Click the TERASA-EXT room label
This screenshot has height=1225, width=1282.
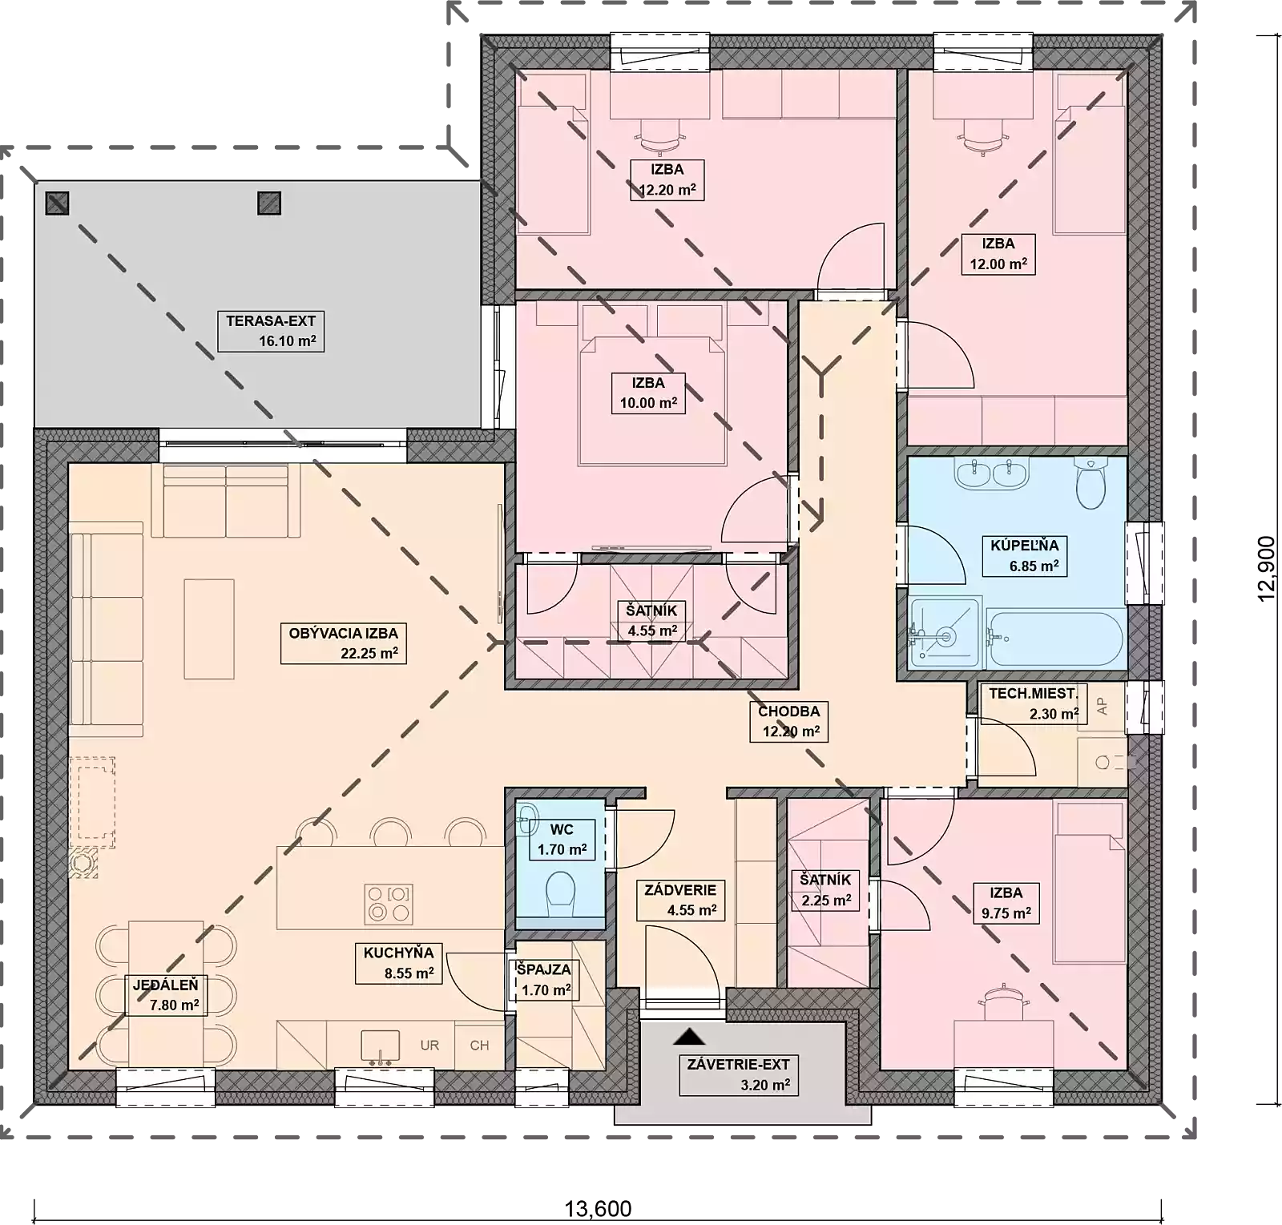point(271,331)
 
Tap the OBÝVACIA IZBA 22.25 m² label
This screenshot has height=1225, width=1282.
point(344,643)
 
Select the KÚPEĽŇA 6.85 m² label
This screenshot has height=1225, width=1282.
point(1025,556)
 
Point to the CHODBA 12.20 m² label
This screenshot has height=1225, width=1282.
point(789,721)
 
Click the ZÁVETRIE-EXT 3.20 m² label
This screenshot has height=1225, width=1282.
point(739,1075)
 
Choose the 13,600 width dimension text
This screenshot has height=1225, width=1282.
point(599,1208)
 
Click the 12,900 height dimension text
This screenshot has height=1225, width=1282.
point(1266,568)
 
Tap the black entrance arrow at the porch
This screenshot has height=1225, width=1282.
point(689,1037)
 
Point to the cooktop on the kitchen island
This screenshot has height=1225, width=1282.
point(388,903)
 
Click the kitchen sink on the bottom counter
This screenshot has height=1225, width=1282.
point(380,1047)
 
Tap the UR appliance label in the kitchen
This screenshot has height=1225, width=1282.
point(429,1046)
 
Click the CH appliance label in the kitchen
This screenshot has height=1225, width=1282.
point(479,1046)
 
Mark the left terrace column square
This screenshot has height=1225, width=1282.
point(57,203)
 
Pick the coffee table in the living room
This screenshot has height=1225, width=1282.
point(209,630)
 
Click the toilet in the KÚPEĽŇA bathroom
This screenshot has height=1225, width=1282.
point(1091,483)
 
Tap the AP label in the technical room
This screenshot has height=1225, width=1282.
point(1102,706)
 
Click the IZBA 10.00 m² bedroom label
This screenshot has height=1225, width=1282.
point(648,393)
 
